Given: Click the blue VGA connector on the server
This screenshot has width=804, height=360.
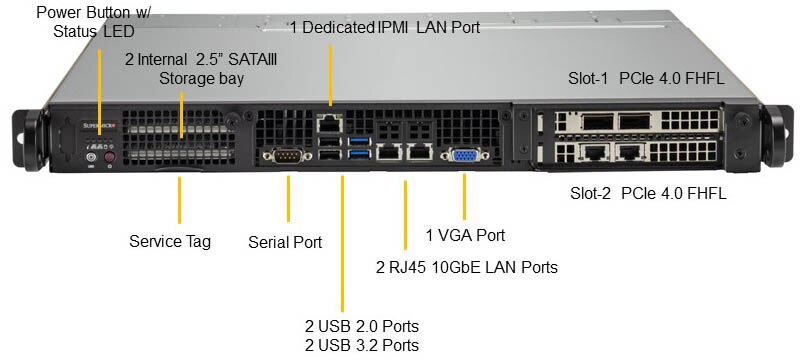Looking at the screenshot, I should click(x=465, y=155).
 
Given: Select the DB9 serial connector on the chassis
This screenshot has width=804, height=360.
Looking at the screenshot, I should click(x=288, y=155).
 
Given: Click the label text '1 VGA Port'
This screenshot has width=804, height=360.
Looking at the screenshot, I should click(x=465, y=236).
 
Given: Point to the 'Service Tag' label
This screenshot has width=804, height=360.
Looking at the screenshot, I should click(x=170, y=241).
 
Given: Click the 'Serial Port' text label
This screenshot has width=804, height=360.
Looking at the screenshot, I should click(x=285, y=242).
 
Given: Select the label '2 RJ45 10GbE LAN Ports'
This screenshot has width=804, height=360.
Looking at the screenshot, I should click(x=465, y=267).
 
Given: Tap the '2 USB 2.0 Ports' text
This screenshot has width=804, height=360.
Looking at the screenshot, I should click(x=361, y=327).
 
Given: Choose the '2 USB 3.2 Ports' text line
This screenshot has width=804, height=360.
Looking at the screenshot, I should click(x=361, y=345).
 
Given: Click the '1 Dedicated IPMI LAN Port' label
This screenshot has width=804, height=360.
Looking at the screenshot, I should click(x=386, y=28).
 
